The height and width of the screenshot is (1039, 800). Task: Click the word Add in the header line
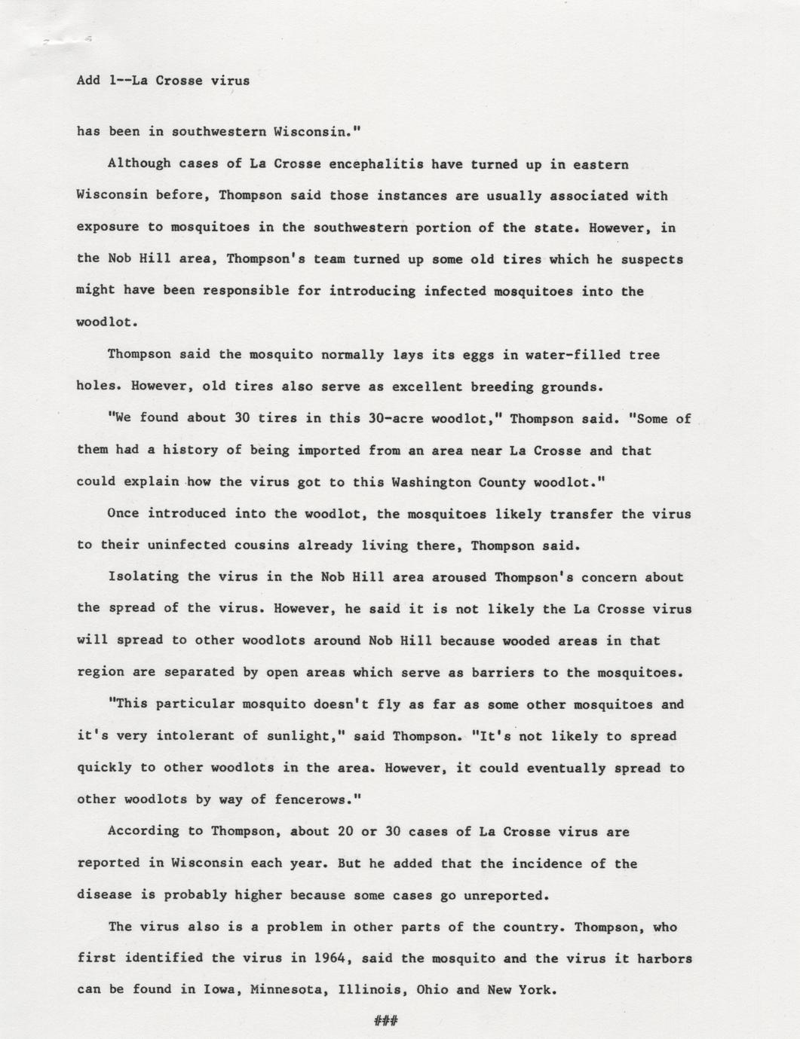click(88, 80)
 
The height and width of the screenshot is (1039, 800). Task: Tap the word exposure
click(108, 228)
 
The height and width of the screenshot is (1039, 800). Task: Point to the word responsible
click(242, 291)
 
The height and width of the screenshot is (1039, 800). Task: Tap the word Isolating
click(143, 577)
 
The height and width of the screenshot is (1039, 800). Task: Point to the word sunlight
click(301, 736)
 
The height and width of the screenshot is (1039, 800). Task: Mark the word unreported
click(507, 895)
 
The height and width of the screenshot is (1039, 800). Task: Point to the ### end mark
click(385, 1022)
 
